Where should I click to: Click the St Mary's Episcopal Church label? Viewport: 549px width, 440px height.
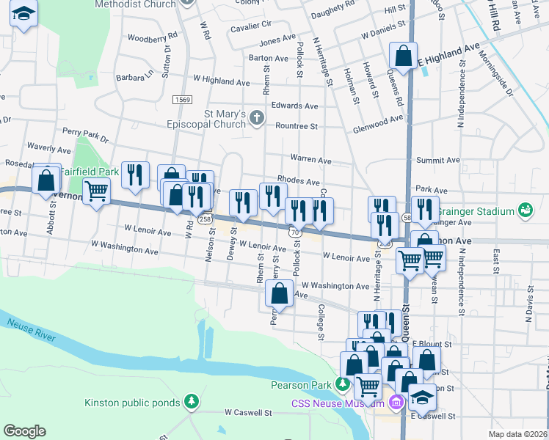click(229, 119)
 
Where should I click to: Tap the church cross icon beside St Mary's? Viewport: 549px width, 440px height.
click(256, 117)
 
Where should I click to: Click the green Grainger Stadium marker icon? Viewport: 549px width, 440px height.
click(525, 210)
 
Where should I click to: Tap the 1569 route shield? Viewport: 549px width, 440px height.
click(183, 99)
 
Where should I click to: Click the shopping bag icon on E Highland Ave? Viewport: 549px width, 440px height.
click(403, 54)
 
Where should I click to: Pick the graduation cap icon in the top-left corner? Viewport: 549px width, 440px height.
click(24, 14)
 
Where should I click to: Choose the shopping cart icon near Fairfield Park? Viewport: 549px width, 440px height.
click(97, 192)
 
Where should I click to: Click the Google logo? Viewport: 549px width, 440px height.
click(24, 431)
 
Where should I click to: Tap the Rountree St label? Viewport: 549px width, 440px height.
click(297, 126)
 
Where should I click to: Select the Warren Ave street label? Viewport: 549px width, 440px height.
click(311, 159)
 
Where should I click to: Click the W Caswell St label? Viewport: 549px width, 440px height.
click(248, 413)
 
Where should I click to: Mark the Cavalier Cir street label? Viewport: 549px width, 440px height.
click(251, 24)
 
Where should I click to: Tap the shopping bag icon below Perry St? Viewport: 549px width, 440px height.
click(280, 294)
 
